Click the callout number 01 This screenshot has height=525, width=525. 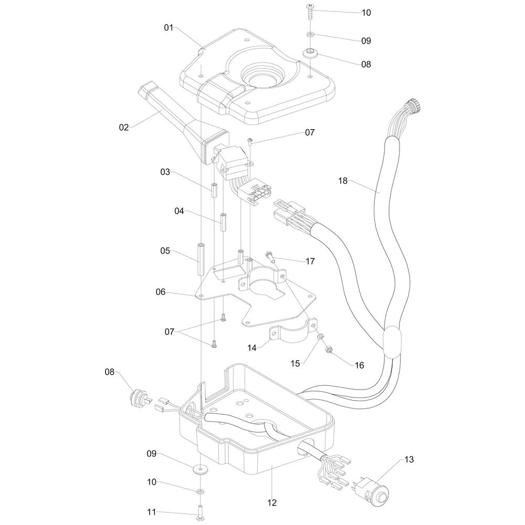click(169, 27)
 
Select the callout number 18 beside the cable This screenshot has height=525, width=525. click(343, 181)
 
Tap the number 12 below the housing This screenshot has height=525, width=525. click(271, 503)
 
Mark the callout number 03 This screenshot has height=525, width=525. click(166, 172)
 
